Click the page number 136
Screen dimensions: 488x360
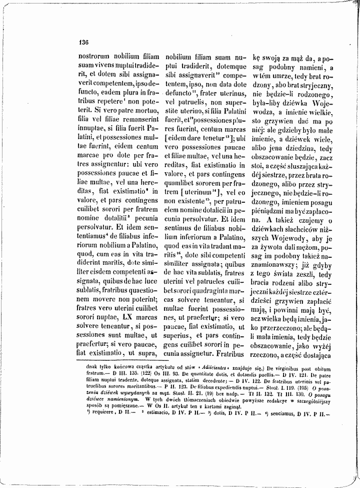pos(83,43)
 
